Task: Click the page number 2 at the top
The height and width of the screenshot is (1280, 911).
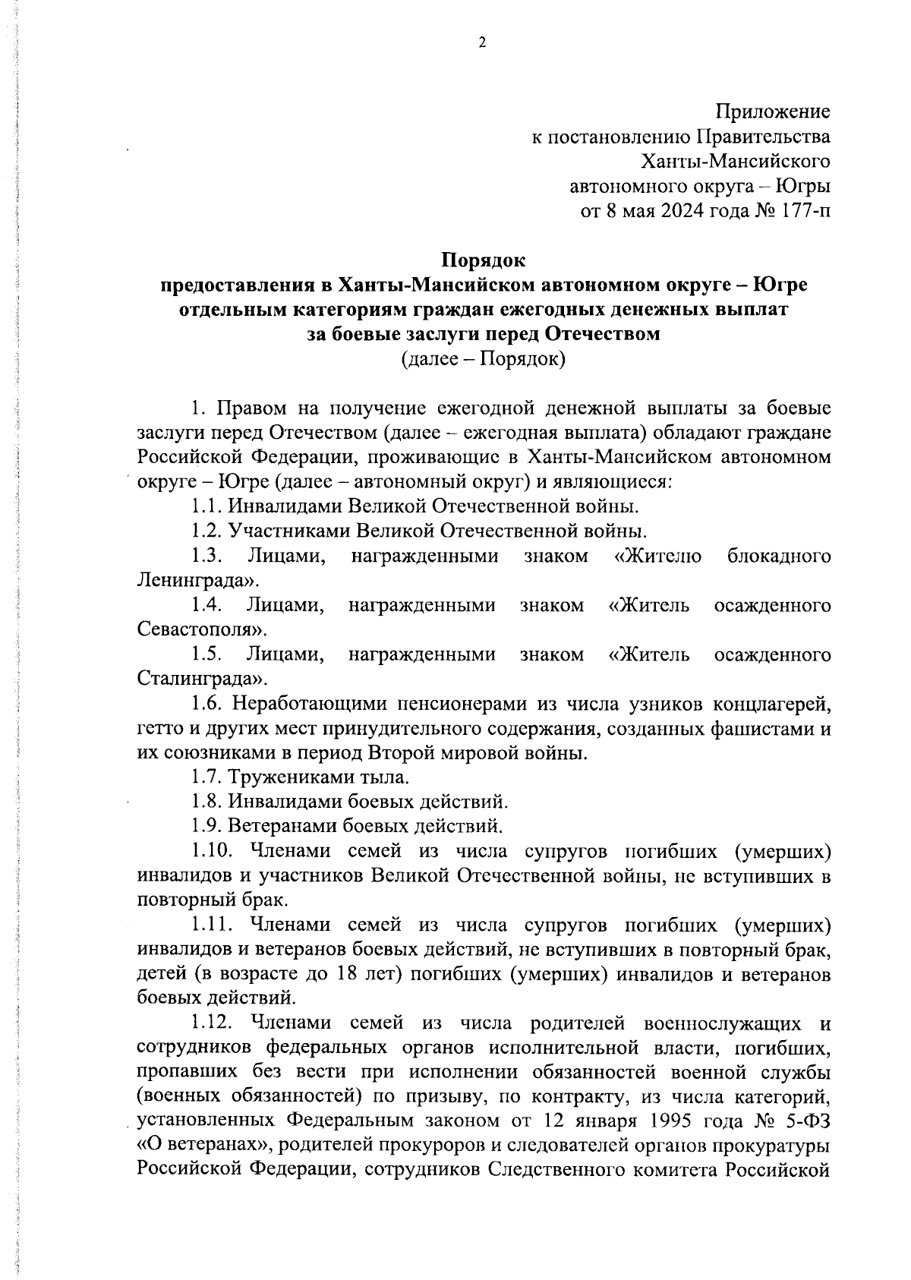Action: [481, 43]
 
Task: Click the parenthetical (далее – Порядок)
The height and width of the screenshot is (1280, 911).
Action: [484, 358]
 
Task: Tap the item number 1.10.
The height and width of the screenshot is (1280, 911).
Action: [209, 851]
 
